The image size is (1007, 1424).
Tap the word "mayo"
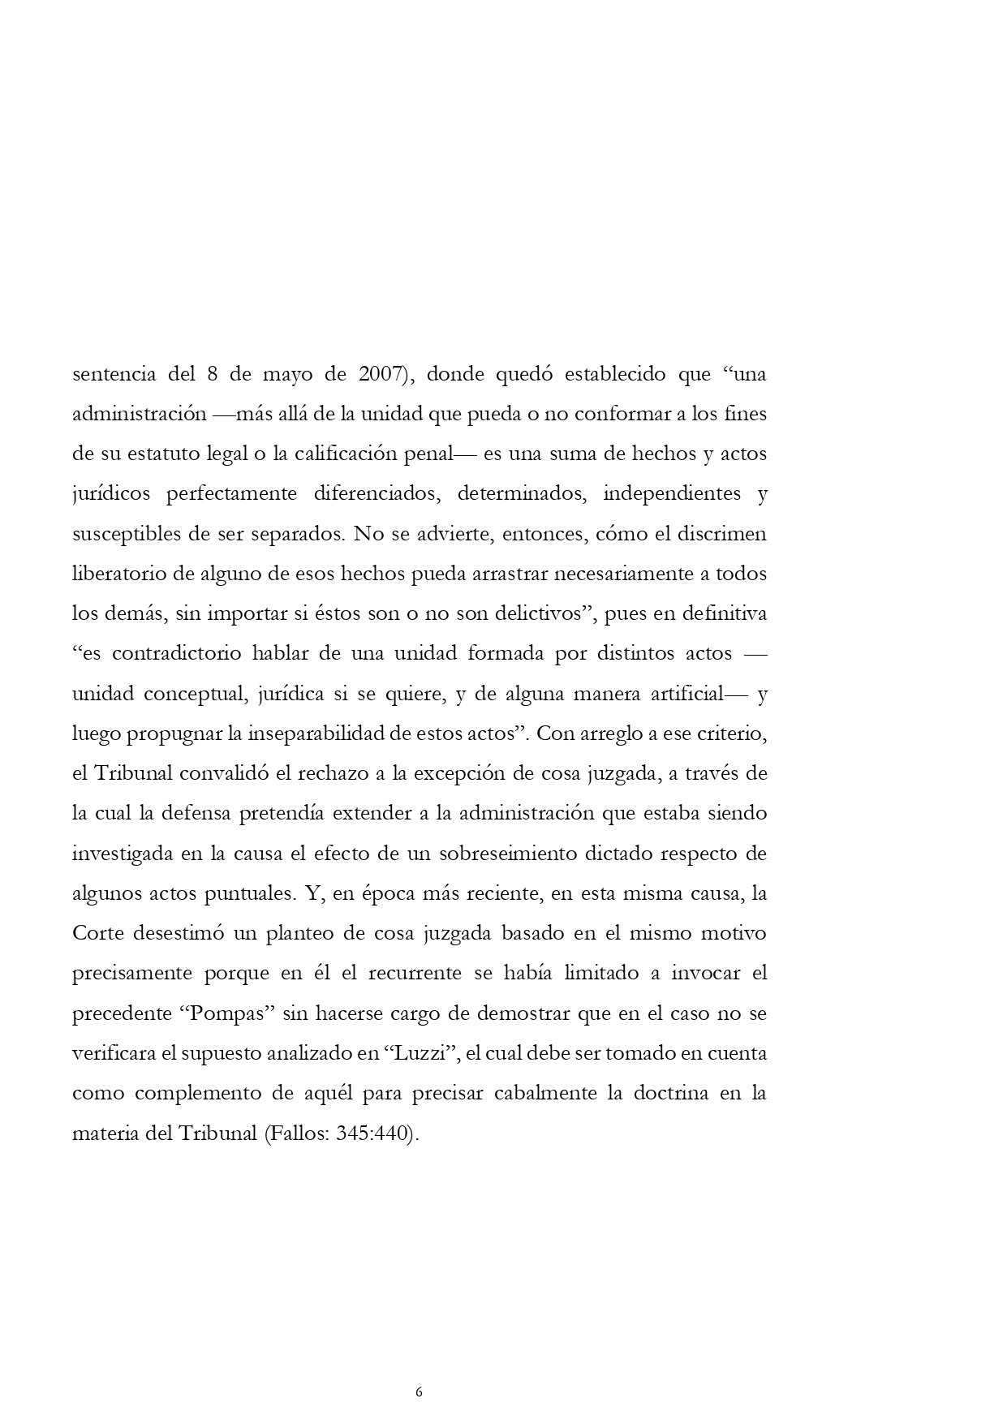[284, 375]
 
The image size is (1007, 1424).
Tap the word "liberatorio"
[118, 574]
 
